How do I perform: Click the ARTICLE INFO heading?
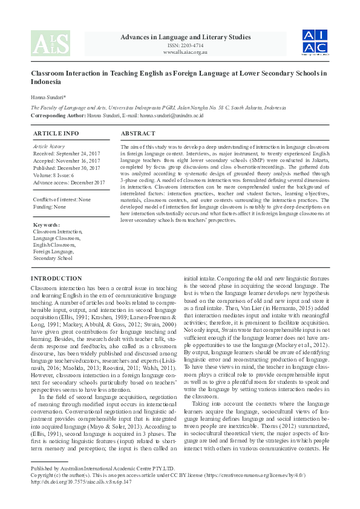[x=56, y=133]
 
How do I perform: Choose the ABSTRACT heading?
[x=138, y=133]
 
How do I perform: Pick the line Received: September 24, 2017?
[x=66, y=154]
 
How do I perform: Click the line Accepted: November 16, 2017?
[x=66, y=161]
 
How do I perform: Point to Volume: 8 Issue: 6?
[x=57, y=175]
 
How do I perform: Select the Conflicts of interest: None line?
[x=62, y=199]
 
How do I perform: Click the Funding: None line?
[x=50, y=207]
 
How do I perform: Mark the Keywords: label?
[x=47, y=224]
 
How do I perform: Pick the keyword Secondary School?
[x=53, y=258]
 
